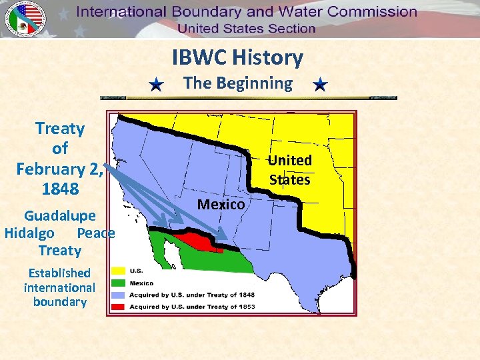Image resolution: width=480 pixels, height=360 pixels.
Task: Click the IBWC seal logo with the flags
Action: pyautogui.click(x=26, y=19)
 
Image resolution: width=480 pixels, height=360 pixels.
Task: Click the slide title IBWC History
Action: pyautogui.click(x=237, y=58)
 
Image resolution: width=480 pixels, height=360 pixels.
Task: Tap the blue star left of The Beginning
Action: pyautogui.click(x=155, y=85)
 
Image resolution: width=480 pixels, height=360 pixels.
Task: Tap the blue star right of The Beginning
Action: pyautogui.click(x=320, y=85)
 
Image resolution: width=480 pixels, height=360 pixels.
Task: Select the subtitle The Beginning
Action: pyautogui.click(x=238, y=83)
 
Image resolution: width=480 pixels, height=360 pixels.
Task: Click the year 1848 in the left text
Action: pyautogui.click(x=60, y=189)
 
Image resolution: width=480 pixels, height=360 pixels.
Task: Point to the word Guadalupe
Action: pyautogui.click(x=60, y=216)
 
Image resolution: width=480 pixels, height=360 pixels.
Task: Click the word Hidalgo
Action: pyautogui.click(x=29, y=233)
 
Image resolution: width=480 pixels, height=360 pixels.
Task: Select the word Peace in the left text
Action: pyautogui.click(x=95, y=233)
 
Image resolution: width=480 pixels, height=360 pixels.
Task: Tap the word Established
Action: pyautogui.click(x=59, y=273)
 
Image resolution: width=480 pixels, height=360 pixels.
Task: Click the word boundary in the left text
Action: pyautogui.click(x=59, y=302)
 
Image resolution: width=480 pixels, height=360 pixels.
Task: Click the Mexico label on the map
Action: pyautogui.click(x=221, y=205)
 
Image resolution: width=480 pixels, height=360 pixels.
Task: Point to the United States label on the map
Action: pyautogui.click(x=290, y=170)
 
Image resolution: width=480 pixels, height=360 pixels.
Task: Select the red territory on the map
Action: pyautogui.click(x=199, y=241)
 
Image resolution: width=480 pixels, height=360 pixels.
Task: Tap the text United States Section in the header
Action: pyautogui.click(x=246, y=28)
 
